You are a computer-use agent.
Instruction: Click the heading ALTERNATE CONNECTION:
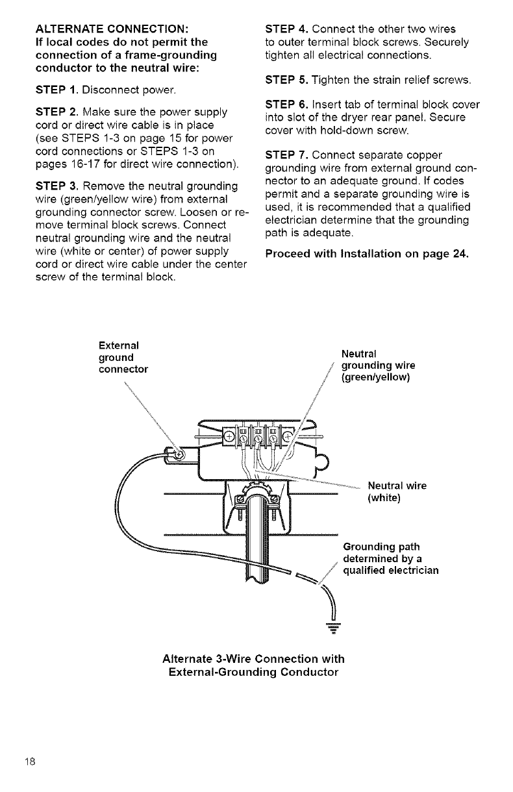112,29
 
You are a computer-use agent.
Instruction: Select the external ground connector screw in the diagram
177,454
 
